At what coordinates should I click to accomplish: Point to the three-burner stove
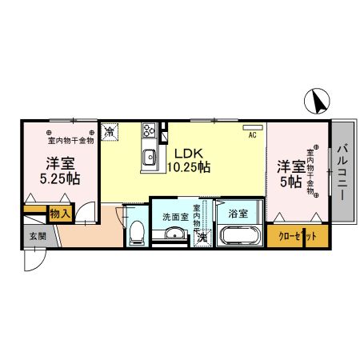(x=149, y=130)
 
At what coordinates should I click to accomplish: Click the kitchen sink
(x=149, y=157)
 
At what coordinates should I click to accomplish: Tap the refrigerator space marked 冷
(x=110, y=130)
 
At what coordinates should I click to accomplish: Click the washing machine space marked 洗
(x=202, y=237)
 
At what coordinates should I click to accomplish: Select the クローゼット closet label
(x=292, y=237)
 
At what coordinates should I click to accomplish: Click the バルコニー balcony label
(x=342, y=173)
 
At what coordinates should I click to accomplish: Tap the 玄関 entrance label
(x=38, y=237)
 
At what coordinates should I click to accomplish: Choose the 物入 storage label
(x=60, y=214)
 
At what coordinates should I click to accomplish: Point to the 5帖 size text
(x=290, y=182)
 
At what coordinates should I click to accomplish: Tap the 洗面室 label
(x=174, y=216)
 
